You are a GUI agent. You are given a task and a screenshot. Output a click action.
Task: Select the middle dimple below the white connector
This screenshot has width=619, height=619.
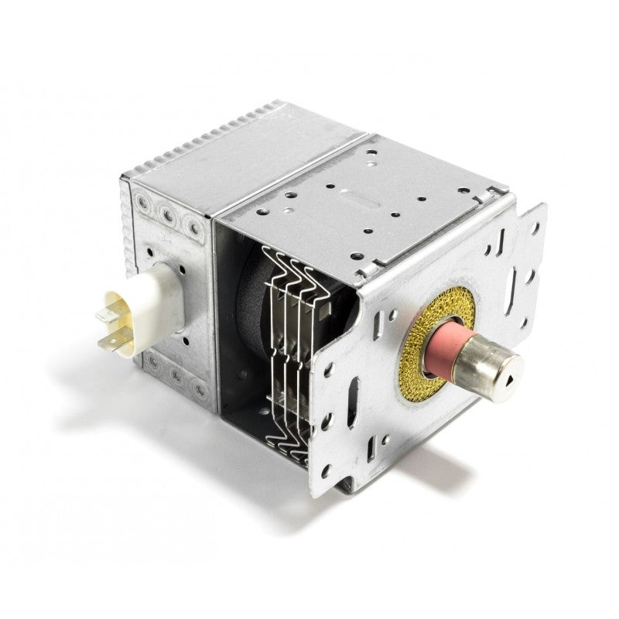(176, 376)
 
